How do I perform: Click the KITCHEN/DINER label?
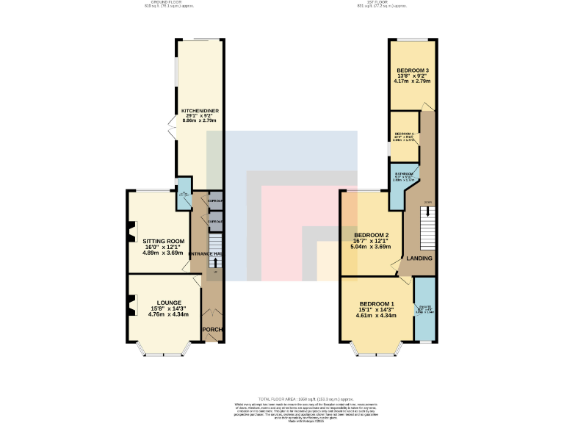(200, 111)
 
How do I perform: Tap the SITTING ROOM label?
(163, 241)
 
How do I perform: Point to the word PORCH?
(212, 329)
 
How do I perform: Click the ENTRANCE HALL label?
(208, 253)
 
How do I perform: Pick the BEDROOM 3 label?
(412, 70)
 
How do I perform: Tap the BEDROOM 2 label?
(371, 235)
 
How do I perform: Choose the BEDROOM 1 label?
(376, 304)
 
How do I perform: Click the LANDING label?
(419, 258)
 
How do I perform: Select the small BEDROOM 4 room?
(403, 136)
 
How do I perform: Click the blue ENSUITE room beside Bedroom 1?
(424, 308)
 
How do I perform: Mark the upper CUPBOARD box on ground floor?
(214, 200)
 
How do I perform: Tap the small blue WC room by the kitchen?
(184, 193)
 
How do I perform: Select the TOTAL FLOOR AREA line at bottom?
(282, 397)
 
